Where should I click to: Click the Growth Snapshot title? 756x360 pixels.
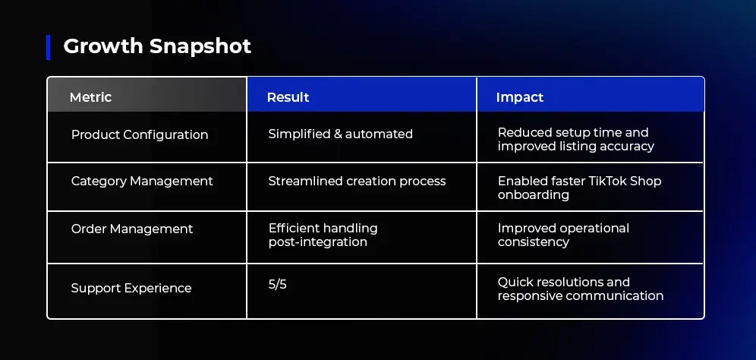pyautogui.click(x=157, y=46)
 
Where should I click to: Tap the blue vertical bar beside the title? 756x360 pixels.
pyautogui.click(x=49, y=47)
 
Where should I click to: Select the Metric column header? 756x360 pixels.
pyautogui.click(x=90, y=97)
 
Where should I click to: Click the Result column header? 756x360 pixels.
pyautogui.click(x=288, y=97)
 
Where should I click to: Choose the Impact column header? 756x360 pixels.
pyautogui.click(x=520, y=97)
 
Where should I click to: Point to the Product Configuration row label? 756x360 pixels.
pyautogui.click(x=140, y=134)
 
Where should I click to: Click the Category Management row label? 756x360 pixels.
pyautogui.click(x=142, y=181)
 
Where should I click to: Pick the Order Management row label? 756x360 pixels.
pyautogui.click(x=132, y=229)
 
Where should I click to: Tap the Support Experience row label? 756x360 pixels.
pyautogui.click(x=131, y=288)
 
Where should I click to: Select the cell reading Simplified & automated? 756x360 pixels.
pyautogui.click(x=340, y=134)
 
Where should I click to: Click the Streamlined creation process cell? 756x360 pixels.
pyautogui.click(x=357, y=181)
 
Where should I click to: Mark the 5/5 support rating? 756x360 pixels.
pyautogui.click(x=277, y=285)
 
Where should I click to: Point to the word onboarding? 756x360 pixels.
pyautogui.click(x=534, y=195)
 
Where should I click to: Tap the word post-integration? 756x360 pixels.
pyautogui.click(x=318, y=242)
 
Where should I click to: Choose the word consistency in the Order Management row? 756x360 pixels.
pyautogui.click(x=534, y=242)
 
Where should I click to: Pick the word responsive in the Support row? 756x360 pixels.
pyautogui.click(x=529, y=295)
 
